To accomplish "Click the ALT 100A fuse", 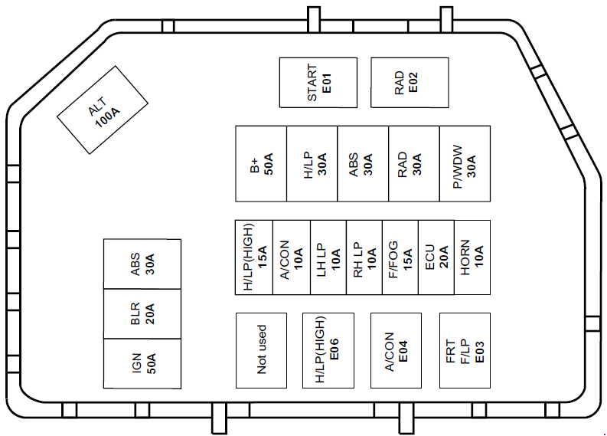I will pos(103,116).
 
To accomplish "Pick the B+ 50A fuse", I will pos(261,164).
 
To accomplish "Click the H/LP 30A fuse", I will pos(312,164).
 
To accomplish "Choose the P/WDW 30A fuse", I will pos(465,164).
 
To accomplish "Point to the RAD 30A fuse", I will pos(414,164).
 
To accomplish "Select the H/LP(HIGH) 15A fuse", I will pos(253,257).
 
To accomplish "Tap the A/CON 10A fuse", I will pos(292,257).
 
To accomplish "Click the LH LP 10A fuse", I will pos(328,257).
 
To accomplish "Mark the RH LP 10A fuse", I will pos(364,257).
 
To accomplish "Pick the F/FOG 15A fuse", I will pos(400,257).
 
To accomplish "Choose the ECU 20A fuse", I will pos(436,257).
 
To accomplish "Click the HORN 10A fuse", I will pos(472,257).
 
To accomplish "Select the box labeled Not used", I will pos(261,349).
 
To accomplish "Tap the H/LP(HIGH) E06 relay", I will pos(328,349).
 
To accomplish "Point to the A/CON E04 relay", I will pos(397,349).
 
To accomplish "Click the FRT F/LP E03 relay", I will pos(465,349).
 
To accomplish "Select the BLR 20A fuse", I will pos(142,313).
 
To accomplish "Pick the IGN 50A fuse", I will pos(142,362).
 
